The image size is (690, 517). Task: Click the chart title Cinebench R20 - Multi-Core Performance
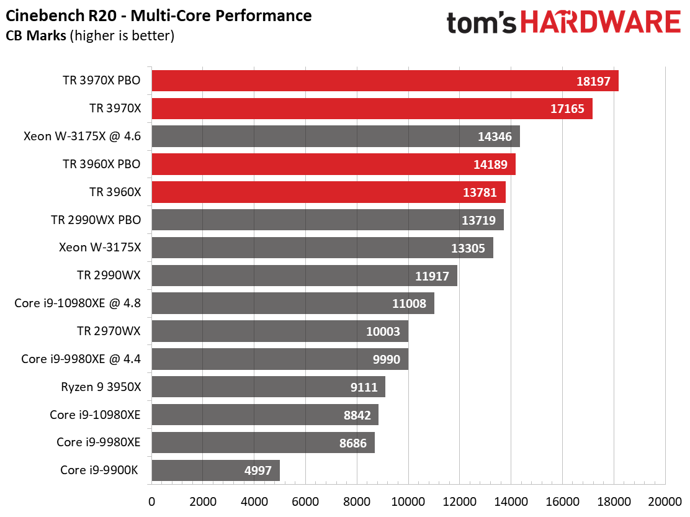pos(158,16)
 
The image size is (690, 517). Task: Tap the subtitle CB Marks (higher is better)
pos(90,35)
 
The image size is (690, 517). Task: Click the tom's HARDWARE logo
pos(563,22)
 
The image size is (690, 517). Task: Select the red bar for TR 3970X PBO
pos(385,81)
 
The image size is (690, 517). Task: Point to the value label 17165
pos(567,109)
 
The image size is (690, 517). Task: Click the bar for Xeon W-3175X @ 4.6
pos(336,137)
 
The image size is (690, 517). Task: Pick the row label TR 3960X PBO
pos(102,164)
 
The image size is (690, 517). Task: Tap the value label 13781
pos(480,192)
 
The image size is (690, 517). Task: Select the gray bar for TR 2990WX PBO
pos(328,220)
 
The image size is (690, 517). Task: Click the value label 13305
pos(468,248)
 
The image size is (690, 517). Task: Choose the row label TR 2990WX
pos(109,276)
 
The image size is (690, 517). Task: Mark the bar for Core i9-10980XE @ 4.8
pos(293,303)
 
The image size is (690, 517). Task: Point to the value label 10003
pos(383,331)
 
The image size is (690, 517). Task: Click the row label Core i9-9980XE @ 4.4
pos(81,359)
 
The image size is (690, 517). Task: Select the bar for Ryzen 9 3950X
pos(269,387)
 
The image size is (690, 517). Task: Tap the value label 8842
pos(357,415)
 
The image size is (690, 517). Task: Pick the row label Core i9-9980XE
pos(99,442)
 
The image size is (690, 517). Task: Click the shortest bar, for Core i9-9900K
pos(216,470)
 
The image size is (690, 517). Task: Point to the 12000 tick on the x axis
pos(459,501)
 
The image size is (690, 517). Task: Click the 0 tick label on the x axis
pos(152,501)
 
